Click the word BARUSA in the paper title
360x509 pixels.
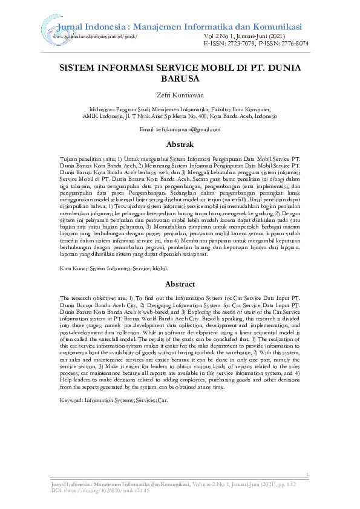pos(180,79)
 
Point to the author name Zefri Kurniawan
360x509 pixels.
pos(180,96)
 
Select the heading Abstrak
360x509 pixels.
pos(180,144)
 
